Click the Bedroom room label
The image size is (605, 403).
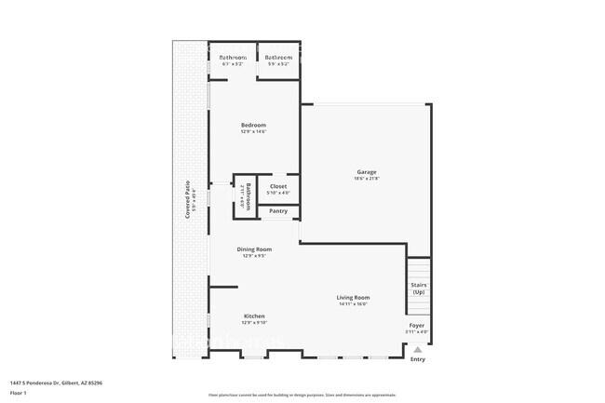click(x=253, y=125)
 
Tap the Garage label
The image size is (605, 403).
click(x=367, y=171)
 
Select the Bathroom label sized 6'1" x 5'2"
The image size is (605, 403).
click(x=233, y=58)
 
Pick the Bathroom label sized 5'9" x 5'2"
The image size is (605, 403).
click(x=278, y=58)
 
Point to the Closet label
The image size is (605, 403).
click(x=278, y=186)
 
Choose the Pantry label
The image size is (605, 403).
click(x=278, y=211)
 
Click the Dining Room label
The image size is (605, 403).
click(x=253, y=249)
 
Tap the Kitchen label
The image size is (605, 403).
click(x=253, y=316)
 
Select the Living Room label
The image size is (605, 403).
click(x=353, y=297)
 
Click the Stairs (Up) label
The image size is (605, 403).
click(x=418, y=289)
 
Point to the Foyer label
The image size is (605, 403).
click(x=417, y=325)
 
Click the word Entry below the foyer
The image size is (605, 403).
click(x=418, y=359)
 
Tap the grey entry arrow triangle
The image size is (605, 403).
click(x=418, y=349)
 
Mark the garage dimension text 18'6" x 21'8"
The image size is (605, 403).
click(x=367, y=179)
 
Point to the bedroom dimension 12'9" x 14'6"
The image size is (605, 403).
click(x=253, y=132)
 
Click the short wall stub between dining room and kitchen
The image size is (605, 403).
click(x=223, y=288)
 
